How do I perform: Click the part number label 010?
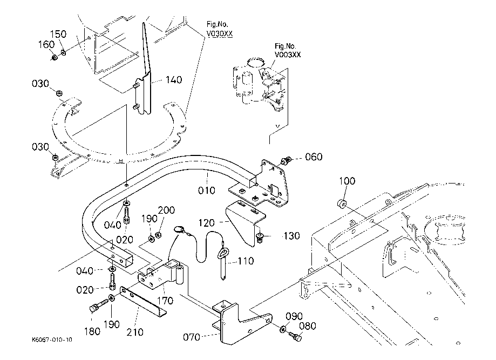tap(206, 190)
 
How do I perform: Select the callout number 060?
tap(314, 157)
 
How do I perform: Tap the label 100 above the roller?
tap(347, 181)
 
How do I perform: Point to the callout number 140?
tap(174, 80)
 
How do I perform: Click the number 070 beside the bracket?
tap(191, 337)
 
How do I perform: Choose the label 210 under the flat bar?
tap(134, 332)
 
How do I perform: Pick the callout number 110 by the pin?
tap(245, 261)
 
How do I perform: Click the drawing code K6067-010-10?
tap(51, 341)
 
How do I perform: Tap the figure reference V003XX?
tap(288, 55)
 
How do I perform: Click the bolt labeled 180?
tap(93, 308)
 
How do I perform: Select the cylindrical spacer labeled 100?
tap(342, 205)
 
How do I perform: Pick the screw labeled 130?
tap(260, 237)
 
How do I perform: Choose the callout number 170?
tap(165, 301)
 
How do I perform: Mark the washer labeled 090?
tap(284, 329)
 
